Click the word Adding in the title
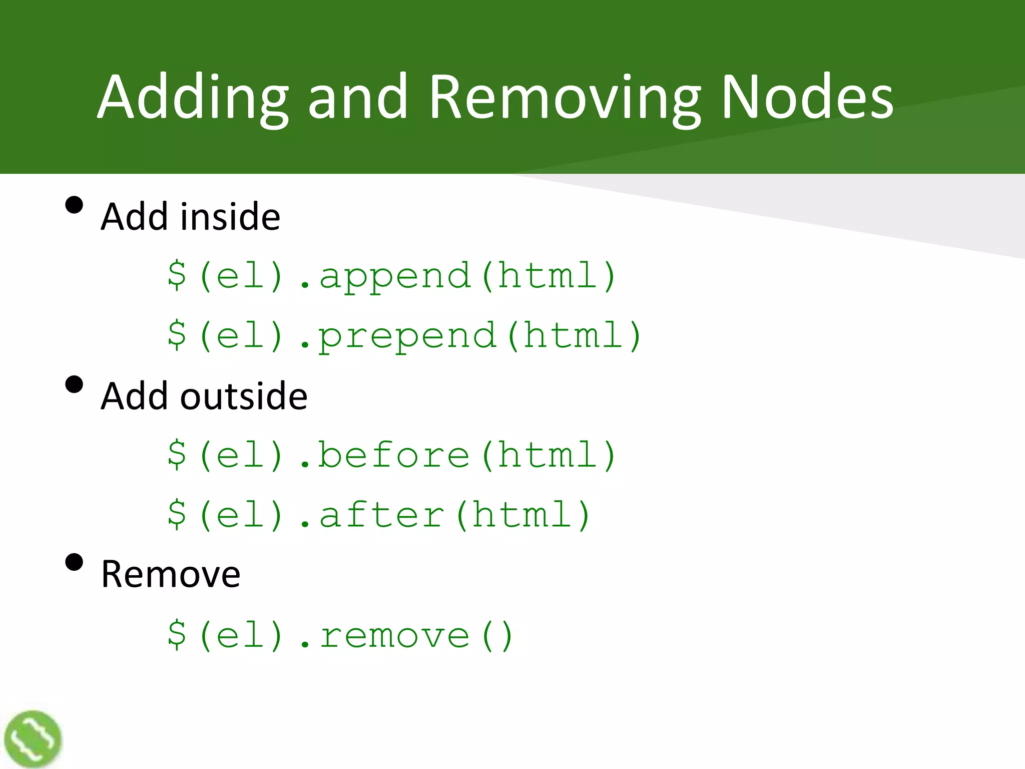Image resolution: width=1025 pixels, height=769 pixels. (x=193, y=98)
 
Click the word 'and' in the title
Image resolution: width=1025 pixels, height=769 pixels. (x=357, y=98)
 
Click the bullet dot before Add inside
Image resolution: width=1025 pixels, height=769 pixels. (x=74, y=205)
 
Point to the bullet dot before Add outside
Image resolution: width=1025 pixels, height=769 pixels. (x=74, y=385)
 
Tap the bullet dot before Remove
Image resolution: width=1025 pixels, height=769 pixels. (x=74, y=562)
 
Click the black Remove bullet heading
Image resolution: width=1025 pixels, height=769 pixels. (x=171, y=574)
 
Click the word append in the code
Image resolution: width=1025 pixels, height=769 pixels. (x=395, y=277)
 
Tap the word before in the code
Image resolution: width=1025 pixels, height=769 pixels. (x=394, y=456)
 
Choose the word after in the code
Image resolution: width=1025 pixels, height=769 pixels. (x=381, y=515)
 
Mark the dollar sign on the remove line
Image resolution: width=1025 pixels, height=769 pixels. (x=177, y=634)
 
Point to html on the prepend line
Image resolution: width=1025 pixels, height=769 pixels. (x=574, y=335)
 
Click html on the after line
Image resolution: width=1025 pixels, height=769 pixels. (x=523, y=515)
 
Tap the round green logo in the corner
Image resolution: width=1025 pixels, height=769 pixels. (x=33, y=739)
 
